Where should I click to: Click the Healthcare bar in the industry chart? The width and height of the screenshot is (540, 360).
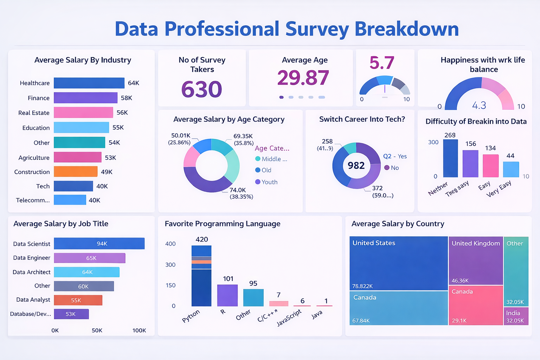(89, 83)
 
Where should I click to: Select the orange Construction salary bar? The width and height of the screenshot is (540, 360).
(76, 172)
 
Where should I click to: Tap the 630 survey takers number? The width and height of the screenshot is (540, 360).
(202, 89)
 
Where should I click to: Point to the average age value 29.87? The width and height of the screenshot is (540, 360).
(303, 78)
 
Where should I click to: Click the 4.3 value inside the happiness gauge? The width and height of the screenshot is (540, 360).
(479, 105)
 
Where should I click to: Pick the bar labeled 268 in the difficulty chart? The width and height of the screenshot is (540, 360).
(450, 158)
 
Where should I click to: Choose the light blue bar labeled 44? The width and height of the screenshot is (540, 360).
(511, 169)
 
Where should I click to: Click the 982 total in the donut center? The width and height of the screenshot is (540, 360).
(356, 166)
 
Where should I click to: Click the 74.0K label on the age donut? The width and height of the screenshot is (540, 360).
(238, 190)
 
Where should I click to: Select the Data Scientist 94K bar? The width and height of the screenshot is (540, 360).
(99, 244)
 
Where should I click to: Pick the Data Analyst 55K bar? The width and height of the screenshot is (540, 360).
(78, 300)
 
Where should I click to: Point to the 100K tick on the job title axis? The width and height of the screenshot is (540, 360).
(139, 330)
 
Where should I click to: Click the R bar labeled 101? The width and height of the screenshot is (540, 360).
(227, 295)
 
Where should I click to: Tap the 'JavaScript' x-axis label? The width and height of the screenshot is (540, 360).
(289, 318)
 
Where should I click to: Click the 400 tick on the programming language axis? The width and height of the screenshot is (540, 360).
(171, 244)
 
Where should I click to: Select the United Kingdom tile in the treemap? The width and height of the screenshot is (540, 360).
(476, 260)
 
